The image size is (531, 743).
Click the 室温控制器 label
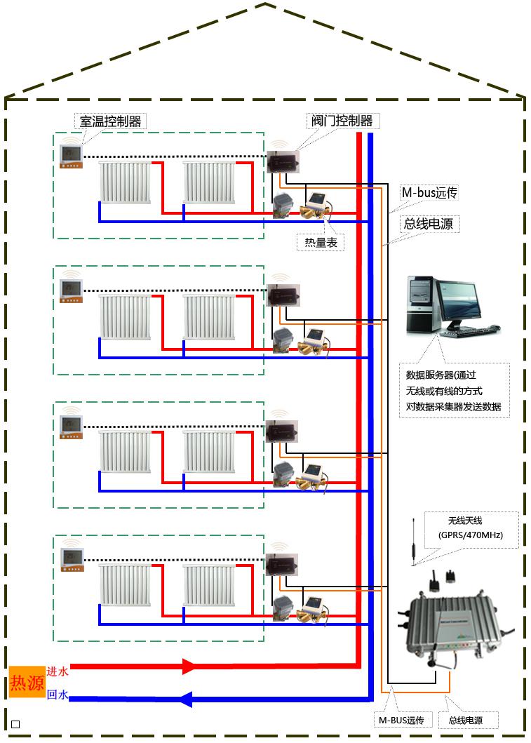pyautogui.click(x=110, y=121)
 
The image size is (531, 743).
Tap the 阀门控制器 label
pyautogui.click(x=342, y=121)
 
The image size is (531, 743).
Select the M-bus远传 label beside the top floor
pyautogui.click(x=429, y=193)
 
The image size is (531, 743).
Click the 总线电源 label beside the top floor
pyautogui.click(x=427, y=225)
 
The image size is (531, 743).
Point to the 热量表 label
pyautogui.click(x=321, y=243)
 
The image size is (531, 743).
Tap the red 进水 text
pyautogui.click(x=58, y=671)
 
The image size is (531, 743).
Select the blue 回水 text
pyautogui.click(x=58, y=695)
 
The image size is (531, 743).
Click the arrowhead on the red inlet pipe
pyautogui.click(x=189, y=666)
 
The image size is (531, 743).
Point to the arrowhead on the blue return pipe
pyautogui.click(x=187, y=699)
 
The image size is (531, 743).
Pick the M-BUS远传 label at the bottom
pyautogui.click(x=401, y=721)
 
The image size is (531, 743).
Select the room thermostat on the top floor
pyautogui.click(x=72, y=156)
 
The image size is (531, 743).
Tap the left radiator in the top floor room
pyautogui.click(x=125, y=182)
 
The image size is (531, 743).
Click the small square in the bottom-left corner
pyautogui.click(x=16, y=724)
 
